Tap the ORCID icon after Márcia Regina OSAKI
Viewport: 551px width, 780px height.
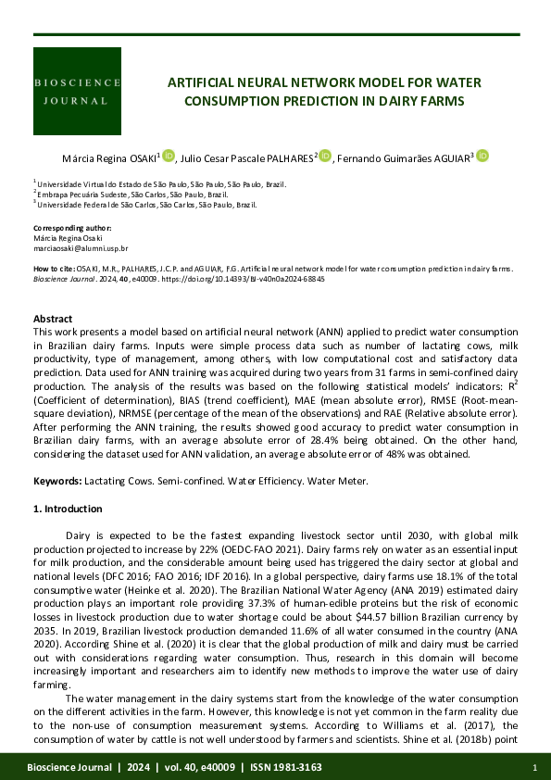click(169, 156)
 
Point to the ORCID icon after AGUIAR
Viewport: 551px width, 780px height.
click(482, 156)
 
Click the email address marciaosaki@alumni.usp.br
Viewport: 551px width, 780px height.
click(81, 249)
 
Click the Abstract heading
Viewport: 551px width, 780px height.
click(53, 319)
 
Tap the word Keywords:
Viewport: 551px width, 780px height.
click(57, 481)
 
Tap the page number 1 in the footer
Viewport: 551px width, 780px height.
click(535, 768)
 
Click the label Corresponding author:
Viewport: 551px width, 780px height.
click(72, 227)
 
